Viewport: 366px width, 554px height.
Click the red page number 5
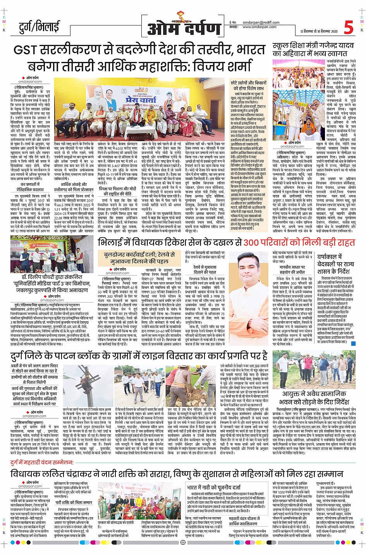click(x=348, y=27)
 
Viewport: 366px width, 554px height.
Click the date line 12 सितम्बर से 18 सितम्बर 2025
click(x=319, y=31)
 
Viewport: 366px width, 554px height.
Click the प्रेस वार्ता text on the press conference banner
click(x=141, y=100)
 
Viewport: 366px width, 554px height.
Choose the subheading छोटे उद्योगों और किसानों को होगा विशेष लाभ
click(x=248, y=86)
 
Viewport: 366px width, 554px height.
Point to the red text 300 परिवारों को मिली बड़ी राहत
click(x=299, y=243)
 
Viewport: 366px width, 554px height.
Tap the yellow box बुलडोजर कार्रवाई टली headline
click(x=139, y=258)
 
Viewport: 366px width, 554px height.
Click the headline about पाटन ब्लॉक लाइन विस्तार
click(x=139, y=355)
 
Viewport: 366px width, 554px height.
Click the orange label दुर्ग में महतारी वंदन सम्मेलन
click(x=42, y=462)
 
